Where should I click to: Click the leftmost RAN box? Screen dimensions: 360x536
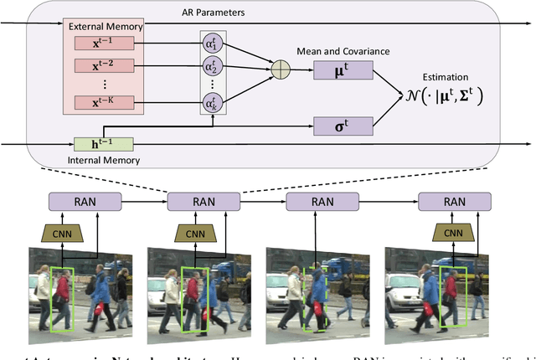click(x=85, y=201)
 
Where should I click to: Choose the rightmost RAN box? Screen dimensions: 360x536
click(x=453, y=201)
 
